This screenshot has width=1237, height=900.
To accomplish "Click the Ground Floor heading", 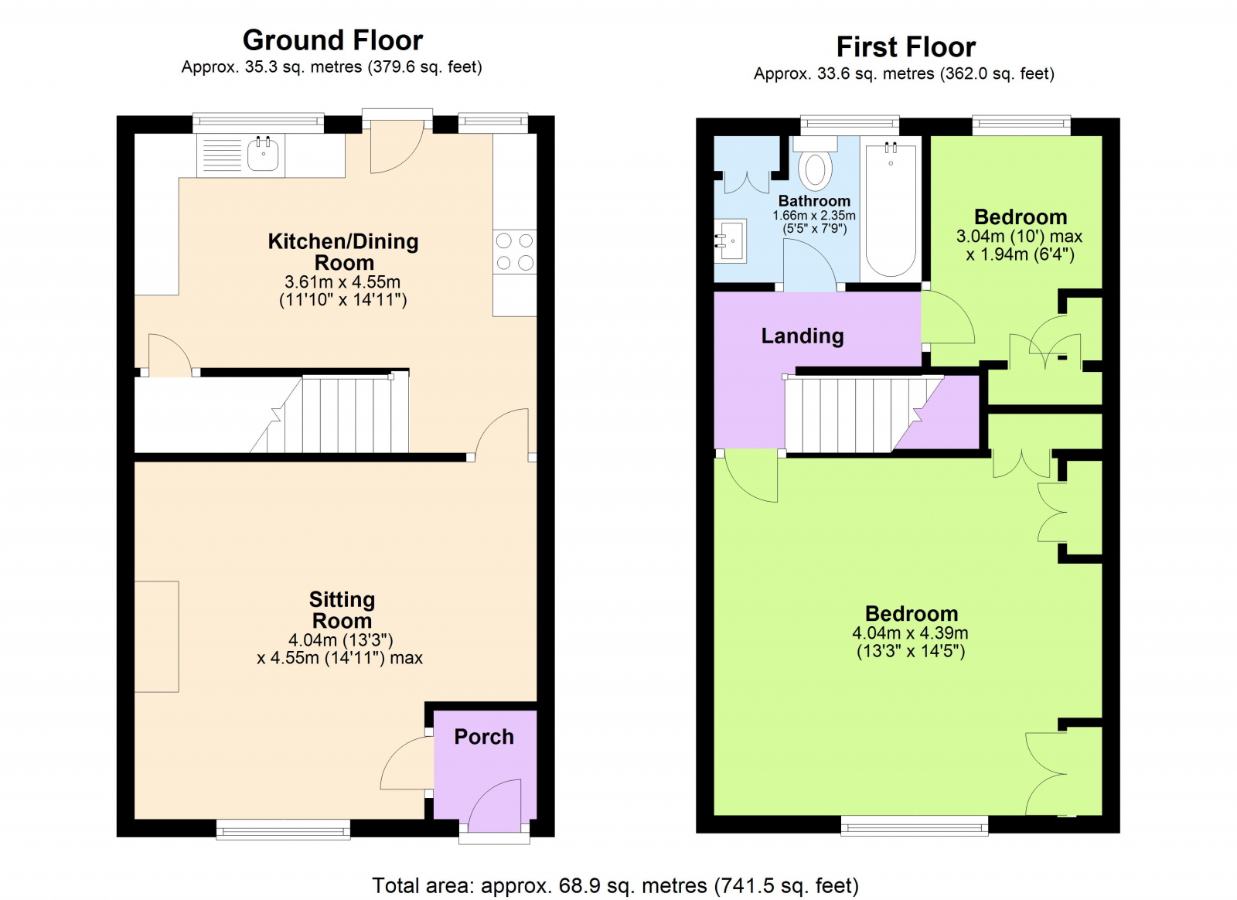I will click(x=332, y=40).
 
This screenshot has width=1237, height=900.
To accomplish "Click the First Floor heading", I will click(x=905, y=47).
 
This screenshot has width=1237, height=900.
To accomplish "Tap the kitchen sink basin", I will click(x=263, y=154).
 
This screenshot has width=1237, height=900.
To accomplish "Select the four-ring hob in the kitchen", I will click(x=515, y=251).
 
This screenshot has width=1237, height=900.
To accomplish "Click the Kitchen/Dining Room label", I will click(x=343, y=251).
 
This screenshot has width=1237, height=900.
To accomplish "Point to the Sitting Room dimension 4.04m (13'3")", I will click(x=340, y=640).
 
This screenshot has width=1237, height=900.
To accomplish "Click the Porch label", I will click(x=483, y=737).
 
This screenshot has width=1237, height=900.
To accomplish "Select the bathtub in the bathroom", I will click(x=891, y=209).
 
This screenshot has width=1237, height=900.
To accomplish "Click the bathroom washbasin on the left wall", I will click(x=730, y=241).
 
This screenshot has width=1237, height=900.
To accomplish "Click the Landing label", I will click(x=802, y=336).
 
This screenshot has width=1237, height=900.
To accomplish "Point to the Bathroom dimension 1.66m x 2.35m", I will click(x=814, y=216).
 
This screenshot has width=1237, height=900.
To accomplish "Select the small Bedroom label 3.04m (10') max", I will click(x=1019, y=236).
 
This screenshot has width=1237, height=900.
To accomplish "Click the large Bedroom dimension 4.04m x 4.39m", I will click(x=910, y=633).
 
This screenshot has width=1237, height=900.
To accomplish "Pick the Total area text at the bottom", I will click(x=615, y=885).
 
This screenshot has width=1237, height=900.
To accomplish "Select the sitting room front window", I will click(x=283, y=830).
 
